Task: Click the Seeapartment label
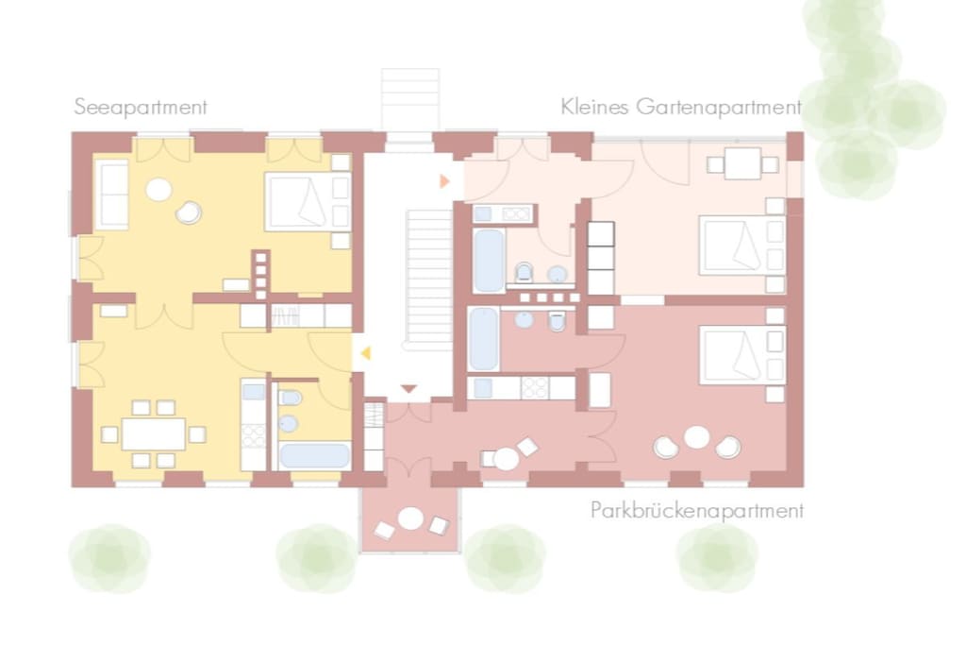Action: (141, 108)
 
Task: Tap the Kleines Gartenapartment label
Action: (681, 107)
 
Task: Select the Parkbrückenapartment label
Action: (697, 511)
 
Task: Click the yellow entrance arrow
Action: (365, 352)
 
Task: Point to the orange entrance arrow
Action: (444, 181)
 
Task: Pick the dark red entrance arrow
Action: (409, 389)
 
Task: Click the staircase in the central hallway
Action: (429, 277)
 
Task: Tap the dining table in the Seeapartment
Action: (154, 434)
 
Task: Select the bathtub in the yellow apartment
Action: (314, 456)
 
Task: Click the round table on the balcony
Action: (410, 518)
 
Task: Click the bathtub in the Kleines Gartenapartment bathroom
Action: (489, 261)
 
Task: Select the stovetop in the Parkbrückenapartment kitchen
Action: (534, 388)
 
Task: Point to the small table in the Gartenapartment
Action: (742, 163)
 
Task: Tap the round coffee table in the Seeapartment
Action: (158, 189)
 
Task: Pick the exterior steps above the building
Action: (409, 100)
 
